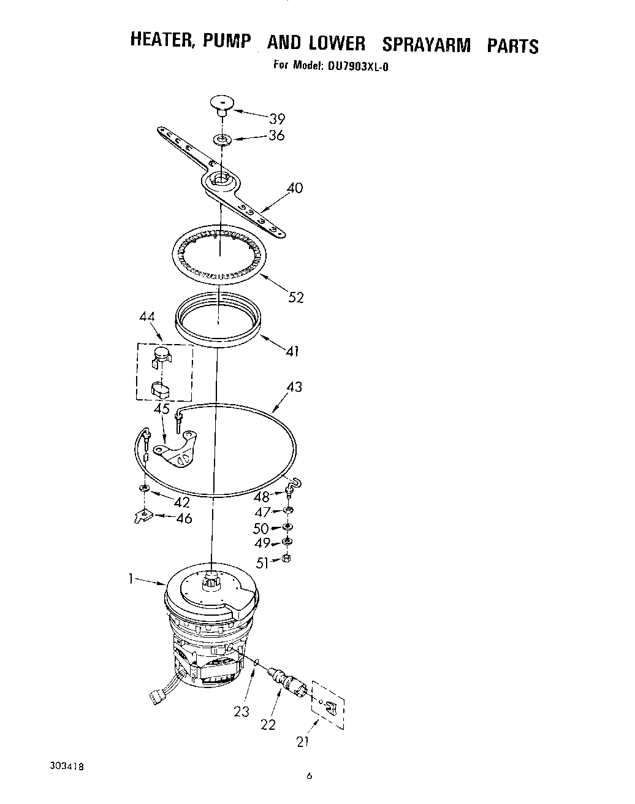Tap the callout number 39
click(x=277, y=119)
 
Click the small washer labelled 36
click(x=222, y=140)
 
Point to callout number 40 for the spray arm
click(x=295, y=188)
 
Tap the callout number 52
click(x=296, y=297)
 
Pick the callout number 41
click(x=292, y=351)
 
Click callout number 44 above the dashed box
click(x=147, y=317)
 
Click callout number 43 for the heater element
click(x=294, y=388)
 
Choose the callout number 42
click(x=181, y=502)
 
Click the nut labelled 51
click(x=286, y=559)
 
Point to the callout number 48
click(x=262, y=497)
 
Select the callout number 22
click(x=268, y=724)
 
